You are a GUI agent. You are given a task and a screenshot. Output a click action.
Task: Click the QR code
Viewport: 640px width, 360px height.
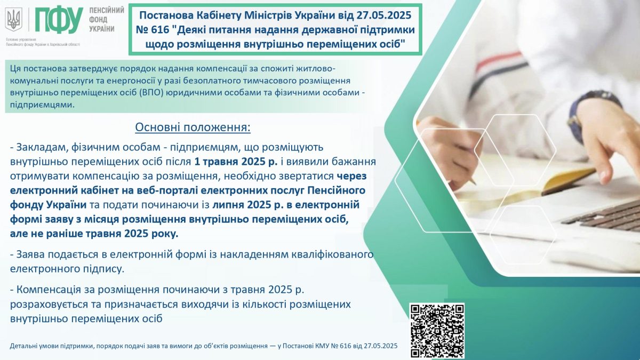437,331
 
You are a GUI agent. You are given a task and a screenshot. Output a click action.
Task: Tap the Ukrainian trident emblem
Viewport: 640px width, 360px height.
14,19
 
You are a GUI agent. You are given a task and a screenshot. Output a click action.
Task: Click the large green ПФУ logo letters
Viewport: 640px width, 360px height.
59,19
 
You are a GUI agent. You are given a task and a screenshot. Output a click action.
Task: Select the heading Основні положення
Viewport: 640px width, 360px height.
193,127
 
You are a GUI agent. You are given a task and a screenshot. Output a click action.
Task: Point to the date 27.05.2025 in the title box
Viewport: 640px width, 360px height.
383,15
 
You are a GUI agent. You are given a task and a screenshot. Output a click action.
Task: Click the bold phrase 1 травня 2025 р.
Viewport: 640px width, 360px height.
236,162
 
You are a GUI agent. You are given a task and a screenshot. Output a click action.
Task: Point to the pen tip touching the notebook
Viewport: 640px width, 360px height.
474,182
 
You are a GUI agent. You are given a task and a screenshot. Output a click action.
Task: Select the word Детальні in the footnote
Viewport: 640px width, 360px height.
23,346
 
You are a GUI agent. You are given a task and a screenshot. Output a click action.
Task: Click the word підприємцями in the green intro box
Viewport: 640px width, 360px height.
42,105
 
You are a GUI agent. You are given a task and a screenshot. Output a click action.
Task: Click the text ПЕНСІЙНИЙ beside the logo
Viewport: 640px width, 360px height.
107,11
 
